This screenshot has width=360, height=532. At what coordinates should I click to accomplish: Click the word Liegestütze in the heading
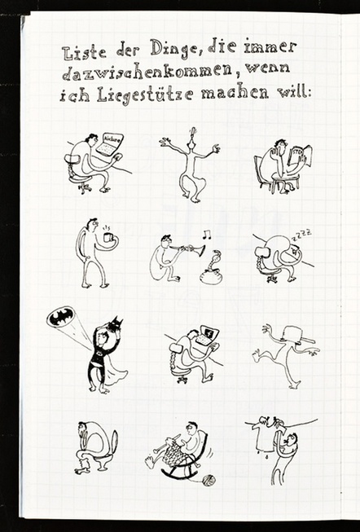click(x=145, y=95)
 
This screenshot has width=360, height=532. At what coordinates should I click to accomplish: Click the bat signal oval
click(x=61, y=317)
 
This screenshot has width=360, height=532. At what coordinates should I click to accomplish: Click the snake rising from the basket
click(x=214, y=260)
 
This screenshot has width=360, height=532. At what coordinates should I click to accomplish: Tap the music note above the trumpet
click(x=206, y=234)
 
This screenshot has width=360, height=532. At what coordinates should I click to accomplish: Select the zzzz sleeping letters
click(x=303, y=235)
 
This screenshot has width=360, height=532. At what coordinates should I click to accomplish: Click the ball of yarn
click(x=209, y=481)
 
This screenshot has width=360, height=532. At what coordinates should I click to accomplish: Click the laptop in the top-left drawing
click(x=109, y=144)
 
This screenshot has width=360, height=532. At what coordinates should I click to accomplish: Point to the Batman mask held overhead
click(x=115, y=324)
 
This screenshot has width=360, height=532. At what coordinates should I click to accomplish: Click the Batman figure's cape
click(x=113, y=370)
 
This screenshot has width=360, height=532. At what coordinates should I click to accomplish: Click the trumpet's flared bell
click(x=201, y=250)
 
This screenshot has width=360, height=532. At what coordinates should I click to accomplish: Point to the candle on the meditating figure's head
click(x=193, y=133)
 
